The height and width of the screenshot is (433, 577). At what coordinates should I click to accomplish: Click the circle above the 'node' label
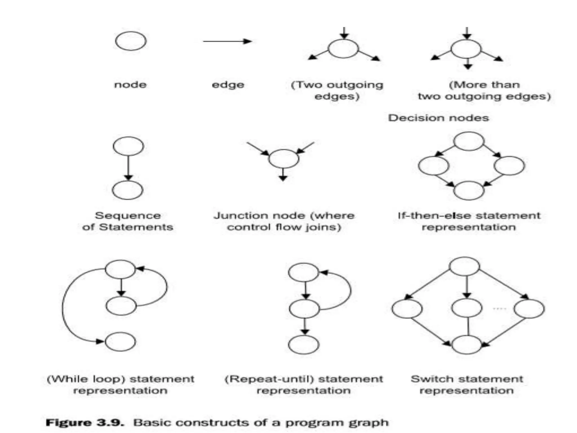click(x=131, y=41)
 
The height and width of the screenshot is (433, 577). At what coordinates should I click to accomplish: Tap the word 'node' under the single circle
click(x=130, y=85)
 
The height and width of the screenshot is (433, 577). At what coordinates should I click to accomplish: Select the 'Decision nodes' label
click(x=438, y=118)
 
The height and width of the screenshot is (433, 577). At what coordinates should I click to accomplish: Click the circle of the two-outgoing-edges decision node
click(x=343, y=49)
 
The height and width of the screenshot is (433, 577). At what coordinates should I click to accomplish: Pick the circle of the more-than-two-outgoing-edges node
click(x=466, y=49)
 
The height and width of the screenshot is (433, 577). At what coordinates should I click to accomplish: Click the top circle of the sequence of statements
click(x=128, y=146)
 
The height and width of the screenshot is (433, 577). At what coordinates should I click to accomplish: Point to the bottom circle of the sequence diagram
click(x=128, y=190)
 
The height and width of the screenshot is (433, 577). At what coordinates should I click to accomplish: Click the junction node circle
click(x=283, y=159)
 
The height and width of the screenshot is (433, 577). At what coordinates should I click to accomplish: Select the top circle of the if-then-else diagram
click(x=469, y=141)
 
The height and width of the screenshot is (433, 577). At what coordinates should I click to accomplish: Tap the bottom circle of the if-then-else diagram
click(x=469, y=191)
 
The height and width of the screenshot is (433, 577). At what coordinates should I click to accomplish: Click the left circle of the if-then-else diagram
click(x=434, y=166)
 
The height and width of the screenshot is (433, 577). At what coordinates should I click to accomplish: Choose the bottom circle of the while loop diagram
click(x=120, y=342)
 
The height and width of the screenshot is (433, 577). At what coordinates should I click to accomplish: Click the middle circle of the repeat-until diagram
click(x=304, y=309)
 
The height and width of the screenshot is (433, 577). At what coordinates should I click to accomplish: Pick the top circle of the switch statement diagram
click(x=464, y=266)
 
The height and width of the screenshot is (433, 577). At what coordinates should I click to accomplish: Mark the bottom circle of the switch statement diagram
click(x=467, y=344)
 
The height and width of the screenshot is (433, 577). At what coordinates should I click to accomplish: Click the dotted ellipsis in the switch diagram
click(x=499, y=309)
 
